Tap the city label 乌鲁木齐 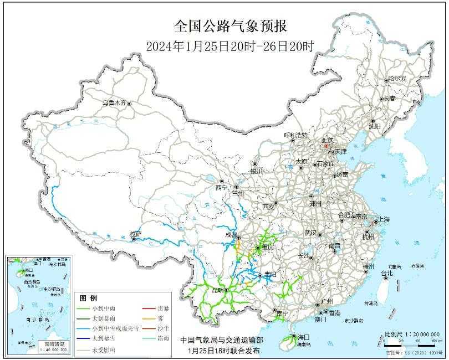(114, 103)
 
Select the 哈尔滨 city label (397, 79)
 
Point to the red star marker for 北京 (326, 147)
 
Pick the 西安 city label (268, 207)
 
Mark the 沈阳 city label (375, 126)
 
